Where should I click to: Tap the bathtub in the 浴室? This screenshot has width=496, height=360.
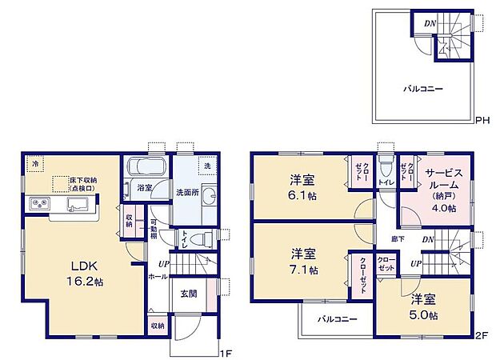(x=146, y=170)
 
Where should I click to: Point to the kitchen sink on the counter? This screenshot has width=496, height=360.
(x=78, y=208)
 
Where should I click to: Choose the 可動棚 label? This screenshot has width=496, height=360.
(x=154, y=228)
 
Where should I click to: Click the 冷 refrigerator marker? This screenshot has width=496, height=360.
(x=34, y=163)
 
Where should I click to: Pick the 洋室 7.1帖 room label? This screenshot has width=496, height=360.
(x=302, y=261)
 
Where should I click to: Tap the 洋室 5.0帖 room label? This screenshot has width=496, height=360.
(x=424, y=308)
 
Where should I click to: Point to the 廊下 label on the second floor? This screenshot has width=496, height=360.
(x=397, y=239)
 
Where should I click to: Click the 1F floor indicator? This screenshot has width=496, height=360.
(x=226, y=353)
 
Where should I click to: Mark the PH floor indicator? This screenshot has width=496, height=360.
(x=482, y=121)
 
